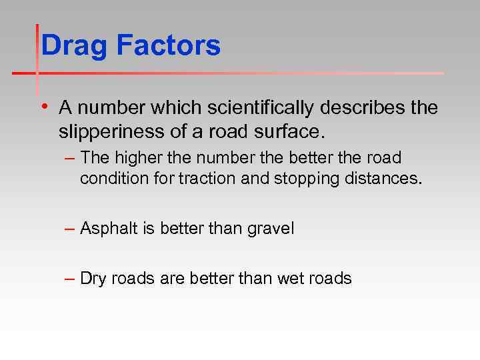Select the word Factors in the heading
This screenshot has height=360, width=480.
click(168, 46)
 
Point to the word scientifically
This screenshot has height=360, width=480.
click(259, 107)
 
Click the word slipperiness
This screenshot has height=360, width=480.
click(109, 132)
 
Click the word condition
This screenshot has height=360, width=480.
click(111, 179)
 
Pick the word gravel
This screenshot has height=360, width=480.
click(271, 229)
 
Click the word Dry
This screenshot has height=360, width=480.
click(93, 278)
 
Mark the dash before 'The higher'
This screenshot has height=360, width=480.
click(70, 158)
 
